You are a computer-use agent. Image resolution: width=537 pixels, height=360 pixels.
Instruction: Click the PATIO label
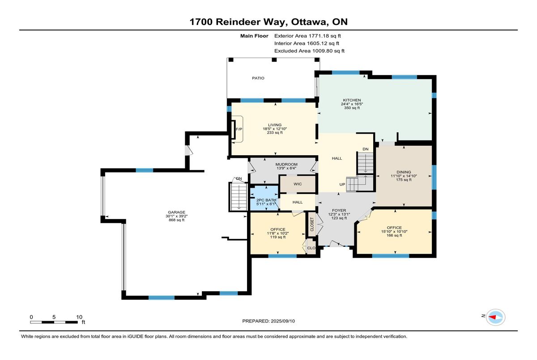[x=258, y=78]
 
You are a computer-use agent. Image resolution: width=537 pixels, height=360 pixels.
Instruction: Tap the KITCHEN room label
[x=352, y=100]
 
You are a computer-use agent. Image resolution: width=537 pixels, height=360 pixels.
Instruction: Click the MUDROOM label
[x=286, y=164]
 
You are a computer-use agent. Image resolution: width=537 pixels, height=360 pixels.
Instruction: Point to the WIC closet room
[x=298, y=184]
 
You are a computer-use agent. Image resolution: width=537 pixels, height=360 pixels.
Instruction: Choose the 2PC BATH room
[x=264, y=198]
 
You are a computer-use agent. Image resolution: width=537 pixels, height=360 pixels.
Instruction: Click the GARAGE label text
[x=176, y=212]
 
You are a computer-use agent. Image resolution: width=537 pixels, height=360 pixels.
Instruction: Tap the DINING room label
[x=404, y=172]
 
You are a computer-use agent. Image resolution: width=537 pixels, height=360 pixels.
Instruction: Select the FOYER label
[x=339, y=210]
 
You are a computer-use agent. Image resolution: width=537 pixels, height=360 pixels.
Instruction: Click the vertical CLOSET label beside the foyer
[x=312, y=224]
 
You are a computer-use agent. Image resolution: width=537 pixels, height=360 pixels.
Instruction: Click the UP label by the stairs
[x=342, y=184]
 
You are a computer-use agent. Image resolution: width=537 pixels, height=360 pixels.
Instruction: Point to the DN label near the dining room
[x=365, y=149]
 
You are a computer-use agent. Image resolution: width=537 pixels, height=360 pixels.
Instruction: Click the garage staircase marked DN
[x=239, y=196]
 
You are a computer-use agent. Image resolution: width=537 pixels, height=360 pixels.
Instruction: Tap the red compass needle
[x=492, y=318]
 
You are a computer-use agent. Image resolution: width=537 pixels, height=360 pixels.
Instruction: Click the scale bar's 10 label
[x=79, y=317]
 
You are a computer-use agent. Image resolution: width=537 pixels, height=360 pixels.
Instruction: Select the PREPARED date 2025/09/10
[x=283, y=321]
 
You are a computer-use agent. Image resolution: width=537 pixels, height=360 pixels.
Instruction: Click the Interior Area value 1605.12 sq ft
[x=323, y=43]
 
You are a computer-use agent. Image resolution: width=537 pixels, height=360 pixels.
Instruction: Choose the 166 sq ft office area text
[x=394, y=235]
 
